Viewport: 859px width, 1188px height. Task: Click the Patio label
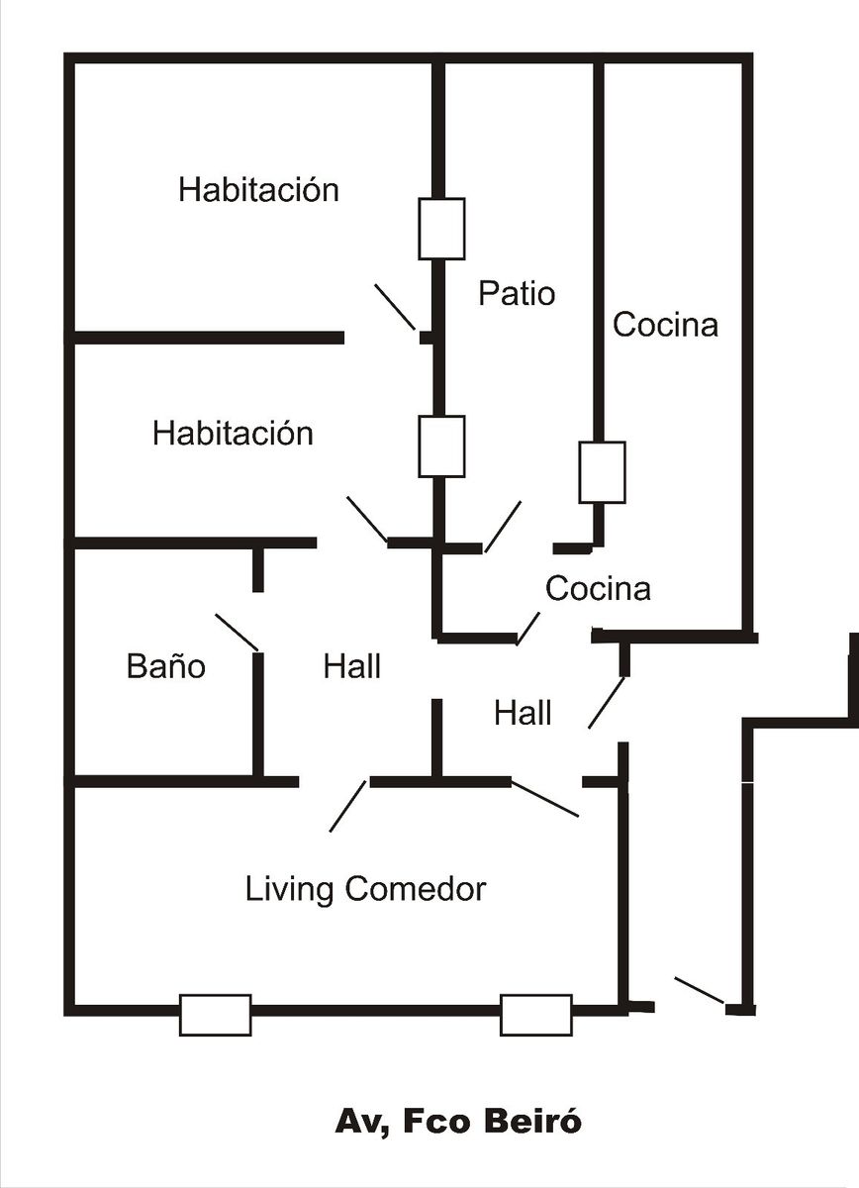517,294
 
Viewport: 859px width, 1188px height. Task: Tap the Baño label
166,666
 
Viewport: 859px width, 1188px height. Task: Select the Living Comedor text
365,889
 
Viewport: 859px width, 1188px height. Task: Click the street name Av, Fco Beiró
458,1122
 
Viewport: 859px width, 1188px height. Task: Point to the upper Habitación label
258,189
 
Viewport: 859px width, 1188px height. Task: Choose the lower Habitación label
233,433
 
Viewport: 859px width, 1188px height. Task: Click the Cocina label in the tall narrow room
665,324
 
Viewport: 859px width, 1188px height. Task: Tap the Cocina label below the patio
598,588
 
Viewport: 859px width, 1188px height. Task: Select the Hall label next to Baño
351,666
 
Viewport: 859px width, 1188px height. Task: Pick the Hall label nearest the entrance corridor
523,713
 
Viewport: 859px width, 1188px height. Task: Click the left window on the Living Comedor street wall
215,1015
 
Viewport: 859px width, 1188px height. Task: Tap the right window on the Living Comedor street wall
535,1015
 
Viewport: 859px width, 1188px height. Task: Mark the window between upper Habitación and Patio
441,229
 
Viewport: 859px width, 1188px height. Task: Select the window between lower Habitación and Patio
441,446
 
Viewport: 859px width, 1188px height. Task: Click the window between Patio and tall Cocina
602,472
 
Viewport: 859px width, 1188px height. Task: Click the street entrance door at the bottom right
700,991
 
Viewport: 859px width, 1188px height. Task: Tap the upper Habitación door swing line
395,307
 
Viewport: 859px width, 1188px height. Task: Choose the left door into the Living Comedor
347,806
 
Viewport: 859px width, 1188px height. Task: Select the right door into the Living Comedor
545,800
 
